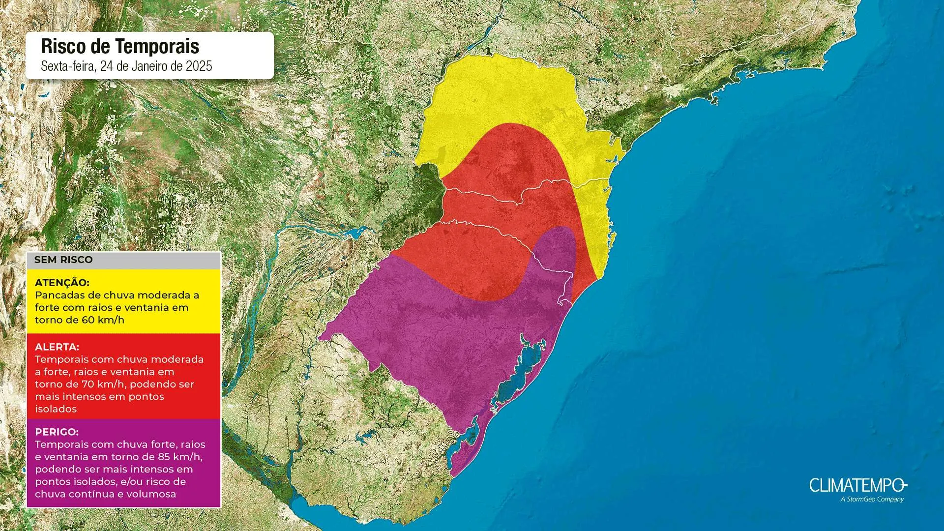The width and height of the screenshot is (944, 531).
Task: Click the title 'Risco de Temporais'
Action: [120, 46]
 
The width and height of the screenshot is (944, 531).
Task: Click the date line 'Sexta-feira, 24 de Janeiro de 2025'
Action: [126, 66]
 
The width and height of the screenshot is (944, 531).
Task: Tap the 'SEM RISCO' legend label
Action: [63, 260]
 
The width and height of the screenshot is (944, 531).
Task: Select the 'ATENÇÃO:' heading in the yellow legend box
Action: [62, 283]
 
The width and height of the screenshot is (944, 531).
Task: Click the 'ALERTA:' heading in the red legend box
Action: [57, 347]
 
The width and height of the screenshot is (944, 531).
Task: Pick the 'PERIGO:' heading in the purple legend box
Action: [57, 432]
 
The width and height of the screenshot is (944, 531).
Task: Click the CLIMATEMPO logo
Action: [857, 486]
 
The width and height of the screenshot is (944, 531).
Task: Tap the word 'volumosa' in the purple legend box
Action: [152, 494]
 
